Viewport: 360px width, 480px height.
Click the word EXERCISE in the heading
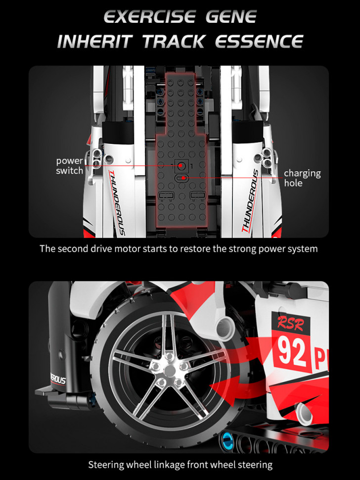[149, 17]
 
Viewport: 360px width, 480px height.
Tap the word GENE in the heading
[231, 17]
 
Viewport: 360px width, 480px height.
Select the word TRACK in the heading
[174, 42]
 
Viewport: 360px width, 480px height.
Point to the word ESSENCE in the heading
[259, 42]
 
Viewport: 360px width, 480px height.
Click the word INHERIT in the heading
[95, 42]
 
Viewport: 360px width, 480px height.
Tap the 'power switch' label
[69, 166]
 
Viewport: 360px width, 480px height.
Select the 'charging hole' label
[302, 178]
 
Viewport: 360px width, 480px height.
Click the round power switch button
[181, 166]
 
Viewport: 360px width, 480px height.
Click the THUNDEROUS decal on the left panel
[117, 203]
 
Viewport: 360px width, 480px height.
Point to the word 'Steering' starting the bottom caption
[106, 465]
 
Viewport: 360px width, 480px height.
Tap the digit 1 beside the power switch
[191, 166]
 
